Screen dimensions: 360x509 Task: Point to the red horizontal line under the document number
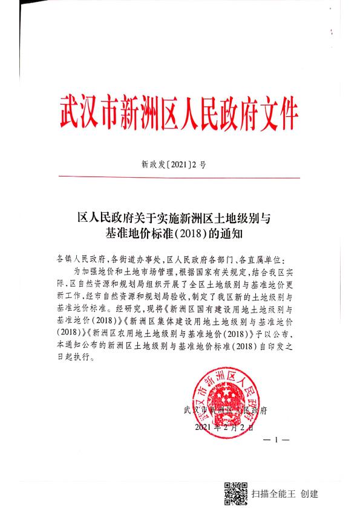tap(180, 178)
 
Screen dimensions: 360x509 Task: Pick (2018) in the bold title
tap(203, 232)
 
